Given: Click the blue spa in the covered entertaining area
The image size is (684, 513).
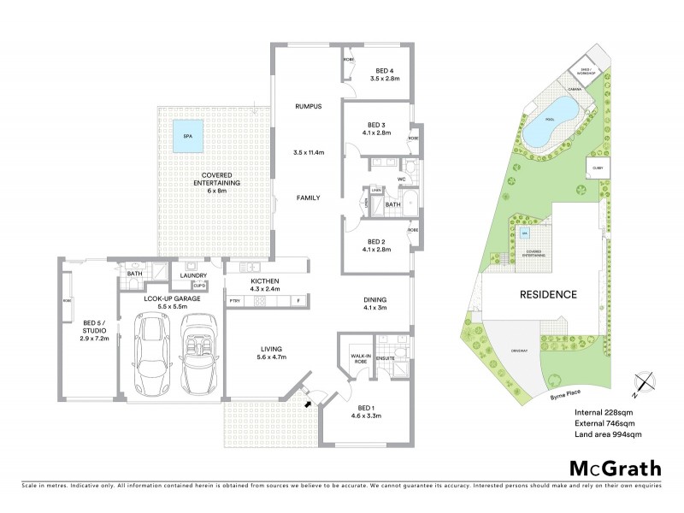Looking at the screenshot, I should pos(187,136).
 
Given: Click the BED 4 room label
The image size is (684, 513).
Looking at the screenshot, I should pos(385,71).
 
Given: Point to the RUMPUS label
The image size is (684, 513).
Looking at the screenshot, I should pos(307,107).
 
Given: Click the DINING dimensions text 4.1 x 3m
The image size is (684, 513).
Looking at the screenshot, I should pos(374,308).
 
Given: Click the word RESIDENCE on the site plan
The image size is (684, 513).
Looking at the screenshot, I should pos(549,294).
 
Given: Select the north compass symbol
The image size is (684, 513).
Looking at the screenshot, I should pos(643,381).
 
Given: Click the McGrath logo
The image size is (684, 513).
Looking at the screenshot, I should pos(615,468).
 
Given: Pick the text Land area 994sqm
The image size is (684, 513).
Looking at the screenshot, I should pos(607,434).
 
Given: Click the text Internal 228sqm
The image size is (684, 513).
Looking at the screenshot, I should pos(604,412).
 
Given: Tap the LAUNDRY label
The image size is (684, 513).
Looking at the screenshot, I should pos(194,275).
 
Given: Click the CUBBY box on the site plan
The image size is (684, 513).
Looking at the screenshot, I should pos(596,168).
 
